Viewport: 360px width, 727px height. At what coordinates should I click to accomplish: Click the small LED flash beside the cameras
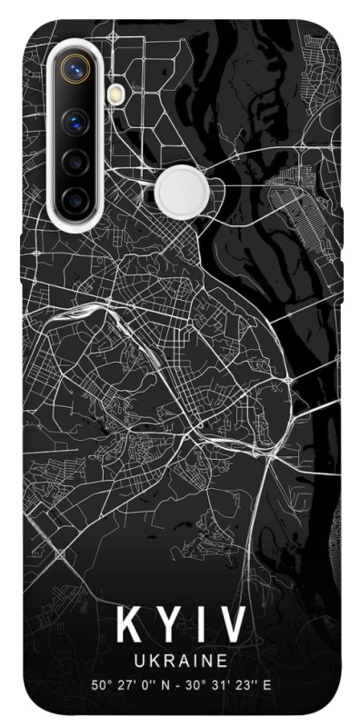pyautogui.click(x=116, y=93)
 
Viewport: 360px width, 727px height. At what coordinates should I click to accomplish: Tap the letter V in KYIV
pyautogui.click(x=231, y=626)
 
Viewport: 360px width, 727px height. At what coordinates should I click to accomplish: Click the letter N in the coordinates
pyautogui.click(x=164, y=684)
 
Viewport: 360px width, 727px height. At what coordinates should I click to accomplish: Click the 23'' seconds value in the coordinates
pyautogui.click(x=239, y=684)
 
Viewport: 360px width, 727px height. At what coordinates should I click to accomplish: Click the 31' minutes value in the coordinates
pyautogui.click(x=215, y=684)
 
